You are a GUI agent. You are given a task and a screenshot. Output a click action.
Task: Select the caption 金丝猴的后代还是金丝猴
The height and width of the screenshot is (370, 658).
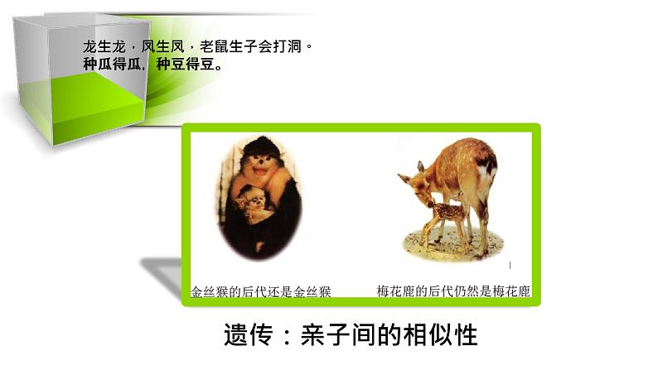pyautogui.click(x=261, y=291)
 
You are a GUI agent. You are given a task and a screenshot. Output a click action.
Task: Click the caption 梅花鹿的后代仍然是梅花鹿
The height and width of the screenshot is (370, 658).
pyautogui.click(x=453, y=291)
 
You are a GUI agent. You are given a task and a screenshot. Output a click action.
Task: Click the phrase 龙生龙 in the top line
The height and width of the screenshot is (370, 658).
pyautogui.click(x=100, y=47)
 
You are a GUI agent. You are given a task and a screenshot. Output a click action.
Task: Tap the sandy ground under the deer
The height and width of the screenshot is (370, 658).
pyautogui.click(x=452, y=244)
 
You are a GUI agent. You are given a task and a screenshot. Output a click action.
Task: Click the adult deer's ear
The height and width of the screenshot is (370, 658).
pyautogui.click(x=404, y=177)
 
